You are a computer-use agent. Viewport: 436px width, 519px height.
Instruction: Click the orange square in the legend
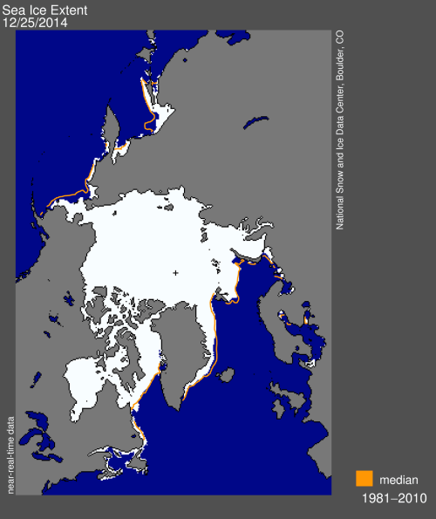[x=364, y=479]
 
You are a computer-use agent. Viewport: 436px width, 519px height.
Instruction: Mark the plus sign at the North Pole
[x=176, y=273]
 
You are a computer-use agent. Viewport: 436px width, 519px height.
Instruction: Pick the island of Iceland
[x=224, y=376]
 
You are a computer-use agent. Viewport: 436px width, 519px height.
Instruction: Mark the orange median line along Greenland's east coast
[x=212, y=349]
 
